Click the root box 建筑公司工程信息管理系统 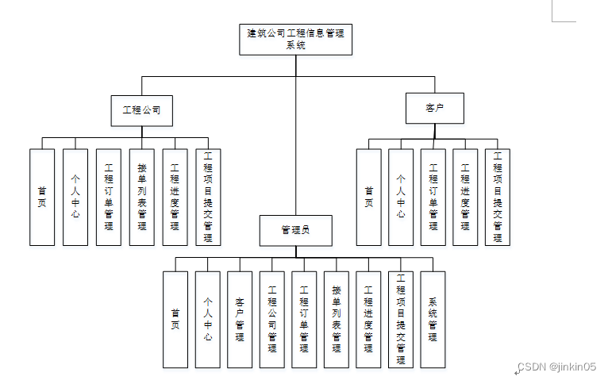coord(295,39)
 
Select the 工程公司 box coord(142,110)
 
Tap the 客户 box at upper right coord(434,108)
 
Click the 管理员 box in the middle coord(295,230)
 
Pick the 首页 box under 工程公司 coord(42,197)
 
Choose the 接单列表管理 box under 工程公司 coord(141,197)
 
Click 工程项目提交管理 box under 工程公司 coord(208,197)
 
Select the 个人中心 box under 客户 coord(401,197)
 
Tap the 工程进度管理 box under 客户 coord(465,197)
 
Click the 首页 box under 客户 coord(368,197)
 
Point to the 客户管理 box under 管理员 coord(240,319)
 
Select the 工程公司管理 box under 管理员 coord(271,319)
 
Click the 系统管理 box coord(433,319)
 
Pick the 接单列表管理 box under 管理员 coord(337,319)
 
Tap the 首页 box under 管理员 coord(175,319)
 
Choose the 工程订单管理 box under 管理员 coord(304,319)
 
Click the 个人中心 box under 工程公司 coord(75,197)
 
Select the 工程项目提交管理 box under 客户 coord(498,197)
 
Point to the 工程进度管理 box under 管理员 coord(368,319)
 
